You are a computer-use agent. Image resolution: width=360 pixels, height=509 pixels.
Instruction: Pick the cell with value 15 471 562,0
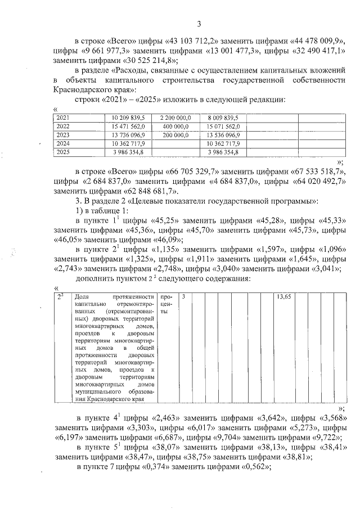129,126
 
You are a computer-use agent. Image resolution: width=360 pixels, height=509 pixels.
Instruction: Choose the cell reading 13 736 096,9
129,135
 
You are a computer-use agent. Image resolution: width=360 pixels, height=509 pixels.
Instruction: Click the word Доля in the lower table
82,296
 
